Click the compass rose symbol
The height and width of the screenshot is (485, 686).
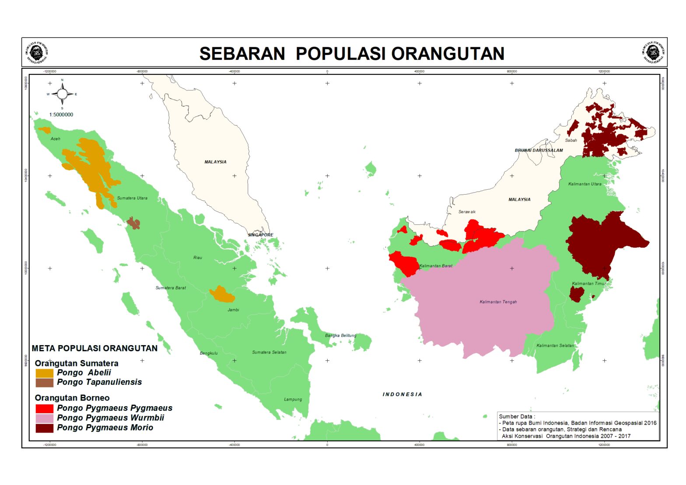pyautogui.click(x=62, y=94)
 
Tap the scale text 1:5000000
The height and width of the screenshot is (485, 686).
pyautogui.click(x=61, y=115)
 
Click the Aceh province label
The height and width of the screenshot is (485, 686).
pyautogui.click(x=56, y=139)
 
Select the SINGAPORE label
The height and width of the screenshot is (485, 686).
pyautogui.click(x=260, y=235)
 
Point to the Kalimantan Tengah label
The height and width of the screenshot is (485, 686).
pyautogui.click(x=498, y=302)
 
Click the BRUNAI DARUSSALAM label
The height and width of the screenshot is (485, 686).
pyautogui.click(x=539, y=150)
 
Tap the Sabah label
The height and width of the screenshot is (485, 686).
pyautogui.click(x=570, y=140)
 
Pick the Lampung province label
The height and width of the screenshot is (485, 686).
pyautogui.click(x=293, y=399)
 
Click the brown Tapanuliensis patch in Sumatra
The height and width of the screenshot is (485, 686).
pyautogui.click(x=134, y=223)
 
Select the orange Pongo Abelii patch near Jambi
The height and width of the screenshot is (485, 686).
pyautogui.click(x=222, y=295)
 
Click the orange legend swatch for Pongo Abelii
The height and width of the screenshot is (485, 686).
pyautogui.click(x=44, y=373)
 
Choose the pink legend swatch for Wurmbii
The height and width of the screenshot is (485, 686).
pyautogui.click(x=44, y=418)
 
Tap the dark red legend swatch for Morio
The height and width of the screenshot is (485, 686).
pyautogui.click(x=44, y=428)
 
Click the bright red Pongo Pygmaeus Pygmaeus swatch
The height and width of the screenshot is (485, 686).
pyautogui.click(x=44, y=408)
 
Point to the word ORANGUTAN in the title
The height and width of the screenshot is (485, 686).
pyautogui.click(x=448, y=53)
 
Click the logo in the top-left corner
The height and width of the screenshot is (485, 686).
pyautogui.click(x=37, y=52)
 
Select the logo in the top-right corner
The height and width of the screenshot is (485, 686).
pyautogui.click(x=653, y=52)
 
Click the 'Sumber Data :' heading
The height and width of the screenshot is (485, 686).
pyautogui.click(x=517, y=416)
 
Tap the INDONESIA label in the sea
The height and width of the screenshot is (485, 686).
pyautogui.click(x=402, y=394)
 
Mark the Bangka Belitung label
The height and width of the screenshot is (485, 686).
pyautogui.click(x=340, y=335)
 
